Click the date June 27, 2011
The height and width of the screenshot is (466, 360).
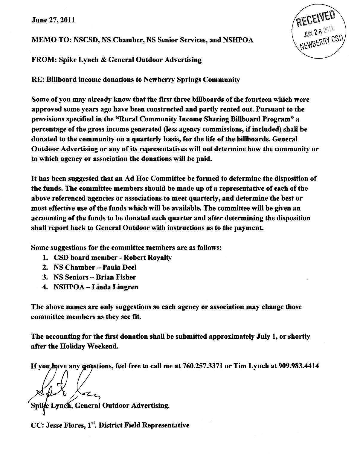[x=53, y=20]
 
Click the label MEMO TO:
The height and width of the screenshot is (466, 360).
[x=50, y=40]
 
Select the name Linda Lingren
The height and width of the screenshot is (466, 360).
[x=115, y=287]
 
